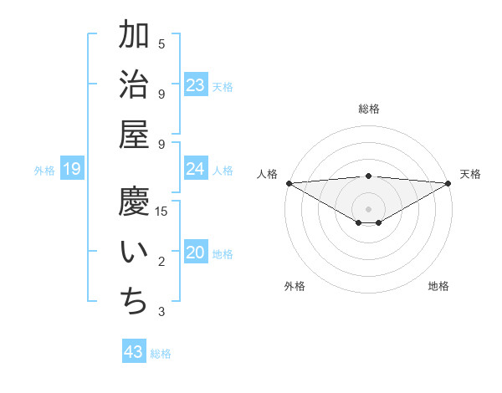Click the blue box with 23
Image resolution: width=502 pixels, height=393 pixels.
point(196,84)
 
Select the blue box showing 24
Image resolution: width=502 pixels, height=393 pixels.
point(196,169)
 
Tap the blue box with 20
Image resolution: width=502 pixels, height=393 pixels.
point(196,253)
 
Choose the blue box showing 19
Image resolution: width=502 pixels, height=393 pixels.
point(72,170)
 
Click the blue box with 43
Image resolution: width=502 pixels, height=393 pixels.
point(134,352)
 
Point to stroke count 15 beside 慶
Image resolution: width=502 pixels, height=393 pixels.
point(161,211)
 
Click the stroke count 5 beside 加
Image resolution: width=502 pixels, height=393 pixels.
point(161,43)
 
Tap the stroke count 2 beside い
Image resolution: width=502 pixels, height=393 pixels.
point(161,262)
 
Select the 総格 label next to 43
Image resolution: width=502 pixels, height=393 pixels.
point(161,354)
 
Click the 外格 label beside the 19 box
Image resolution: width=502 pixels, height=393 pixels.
point(44,171)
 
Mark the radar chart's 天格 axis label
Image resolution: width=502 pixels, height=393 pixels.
point(470,174)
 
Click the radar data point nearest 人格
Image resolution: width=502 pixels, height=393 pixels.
point(289,183)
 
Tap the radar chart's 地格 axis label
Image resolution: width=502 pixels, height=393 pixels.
point(438,286)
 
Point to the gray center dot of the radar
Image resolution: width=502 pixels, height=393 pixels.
point(369,208)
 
